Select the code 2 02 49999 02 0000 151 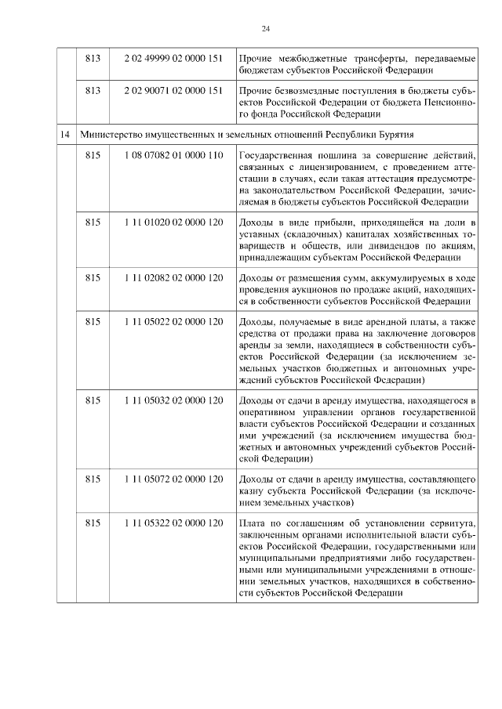173,58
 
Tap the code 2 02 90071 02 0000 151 173,91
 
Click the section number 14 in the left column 66,135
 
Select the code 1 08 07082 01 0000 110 173,156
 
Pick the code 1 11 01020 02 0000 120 173,222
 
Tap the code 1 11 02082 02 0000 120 173,278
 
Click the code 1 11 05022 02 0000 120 173,322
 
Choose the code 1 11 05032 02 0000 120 173,400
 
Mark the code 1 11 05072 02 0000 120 173,478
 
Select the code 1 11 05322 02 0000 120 173,523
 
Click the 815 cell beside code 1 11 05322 93,523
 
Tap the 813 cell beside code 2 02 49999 93,58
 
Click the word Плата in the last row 251,523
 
